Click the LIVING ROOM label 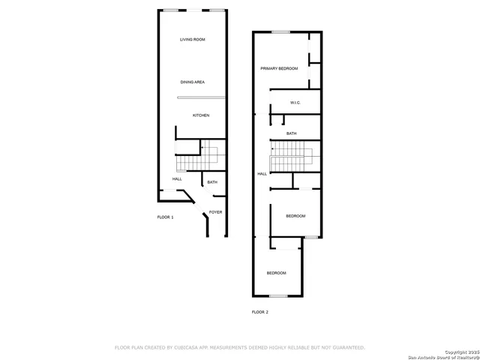[x=192, y=39]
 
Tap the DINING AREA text [x=192, y=82]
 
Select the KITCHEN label [x=200, y=115]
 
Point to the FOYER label [x=215, y=212]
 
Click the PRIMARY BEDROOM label [x=279, y=68]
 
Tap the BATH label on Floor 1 [x=212, y=182]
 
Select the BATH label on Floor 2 [x=291, y=133]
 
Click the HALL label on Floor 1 [x=177, y=178]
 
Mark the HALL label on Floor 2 [x=262, y=173]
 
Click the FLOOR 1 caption [x=165, y=217]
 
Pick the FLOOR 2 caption [x=259, y=311]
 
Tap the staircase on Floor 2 [x=291, y=159]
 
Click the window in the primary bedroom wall [x=280, y=31]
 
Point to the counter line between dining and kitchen [x=201, y=97]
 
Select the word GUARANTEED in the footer [x=346, y=347]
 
